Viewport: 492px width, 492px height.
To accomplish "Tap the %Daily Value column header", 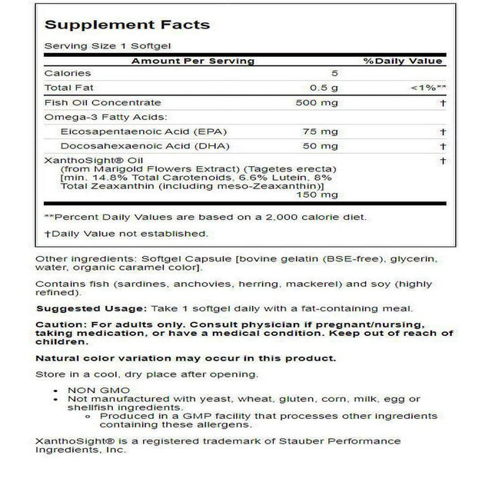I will point(403,61).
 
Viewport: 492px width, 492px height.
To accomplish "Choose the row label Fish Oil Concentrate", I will point(102,103).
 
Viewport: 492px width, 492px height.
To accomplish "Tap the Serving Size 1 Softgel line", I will point(97,46).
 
